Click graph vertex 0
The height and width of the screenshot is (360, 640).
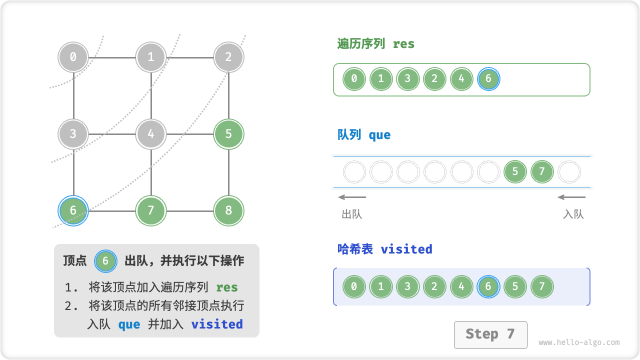[73, 57]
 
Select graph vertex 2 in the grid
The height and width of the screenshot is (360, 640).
[228, 57]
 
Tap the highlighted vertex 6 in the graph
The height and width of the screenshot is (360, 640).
[73, 210]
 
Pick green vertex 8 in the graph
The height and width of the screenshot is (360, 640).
[228, 210]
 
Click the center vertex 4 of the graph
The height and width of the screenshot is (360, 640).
[151, 134]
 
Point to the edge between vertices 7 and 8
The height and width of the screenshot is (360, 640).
[190, 211]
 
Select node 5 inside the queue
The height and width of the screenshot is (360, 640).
[515, 172]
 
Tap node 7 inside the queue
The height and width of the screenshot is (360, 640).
[542, 172]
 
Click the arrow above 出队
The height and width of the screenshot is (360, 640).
[352, 197]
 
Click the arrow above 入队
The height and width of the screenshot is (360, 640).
[571, 197]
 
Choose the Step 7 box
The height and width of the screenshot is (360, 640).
[490, 334]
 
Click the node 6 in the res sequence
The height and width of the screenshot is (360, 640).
[488, 79]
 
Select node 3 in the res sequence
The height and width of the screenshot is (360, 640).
[407, 79]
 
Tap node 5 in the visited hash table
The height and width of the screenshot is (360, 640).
[515, 287]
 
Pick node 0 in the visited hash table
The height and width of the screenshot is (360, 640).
[354, 287]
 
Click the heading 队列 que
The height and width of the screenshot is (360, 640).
[364, 135]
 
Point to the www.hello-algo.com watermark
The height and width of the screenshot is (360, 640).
[579, 342]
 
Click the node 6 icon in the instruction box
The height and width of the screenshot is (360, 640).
[105, 260]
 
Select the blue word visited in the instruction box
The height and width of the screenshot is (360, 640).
[217, 324]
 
